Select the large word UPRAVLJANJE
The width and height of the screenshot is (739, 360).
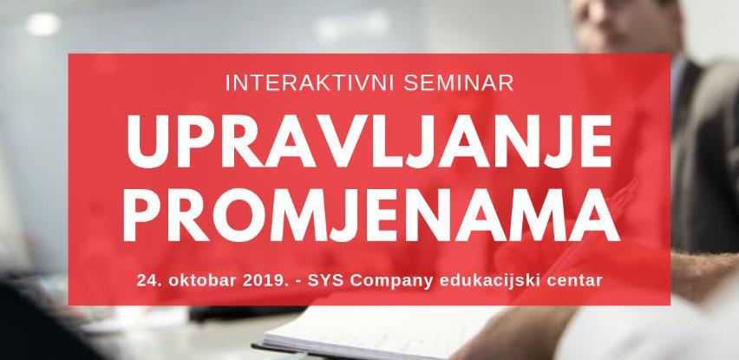369,136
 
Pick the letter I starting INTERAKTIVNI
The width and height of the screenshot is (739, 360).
226,84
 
